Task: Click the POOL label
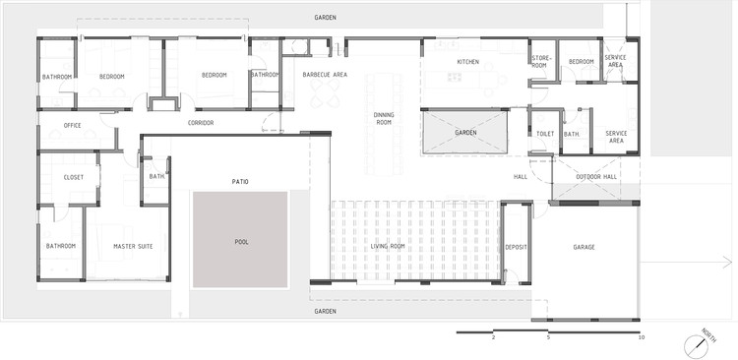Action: coord(241,242)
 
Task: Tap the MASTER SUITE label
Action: coord(133,246)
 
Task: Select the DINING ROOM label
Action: coord(384,118)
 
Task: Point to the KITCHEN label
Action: coord(467,62)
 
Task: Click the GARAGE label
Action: coord(584,247)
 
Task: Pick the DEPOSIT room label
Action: coord(516,247)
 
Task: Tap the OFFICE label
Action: coord(72,126)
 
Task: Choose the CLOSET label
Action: coord(74,177)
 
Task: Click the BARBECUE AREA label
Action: coord(325,75)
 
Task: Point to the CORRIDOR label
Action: coord(201,123)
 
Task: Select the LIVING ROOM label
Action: coord(388,246)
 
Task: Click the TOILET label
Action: coord(545,134)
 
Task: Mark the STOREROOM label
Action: coord(539,62)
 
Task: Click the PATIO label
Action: coord(240,182)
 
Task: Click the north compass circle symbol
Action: coord(696,346)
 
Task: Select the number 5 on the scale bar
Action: coord(548,337)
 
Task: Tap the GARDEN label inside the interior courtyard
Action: coord(465,133)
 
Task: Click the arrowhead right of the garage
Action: coord(728,262)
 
